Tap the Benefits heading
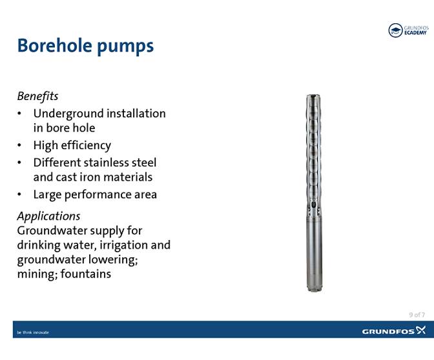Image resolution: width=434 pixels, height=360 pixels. point(37,96)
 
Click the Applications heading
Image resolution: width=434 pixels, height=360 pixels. point(48,215)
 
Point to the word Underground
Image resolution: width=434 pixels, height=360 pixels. point(67,114)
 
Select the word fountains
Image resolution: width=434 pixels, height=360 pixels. point(85,274)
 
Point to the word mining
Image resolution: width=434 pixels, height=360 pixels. point(35,274)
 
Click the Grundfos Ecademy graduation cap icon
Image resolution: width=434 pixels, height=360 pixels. point(395,30)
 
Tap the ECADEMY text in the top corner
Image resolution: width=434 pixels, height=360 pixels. point(415,33)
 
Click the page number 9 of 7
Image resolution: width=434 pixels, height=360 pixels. point(417,315)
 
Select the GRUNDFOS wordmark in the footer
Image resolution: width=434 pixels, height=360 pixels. point(388,331)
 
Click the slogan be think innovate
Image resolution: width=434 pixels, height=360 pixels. point(32,332)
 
